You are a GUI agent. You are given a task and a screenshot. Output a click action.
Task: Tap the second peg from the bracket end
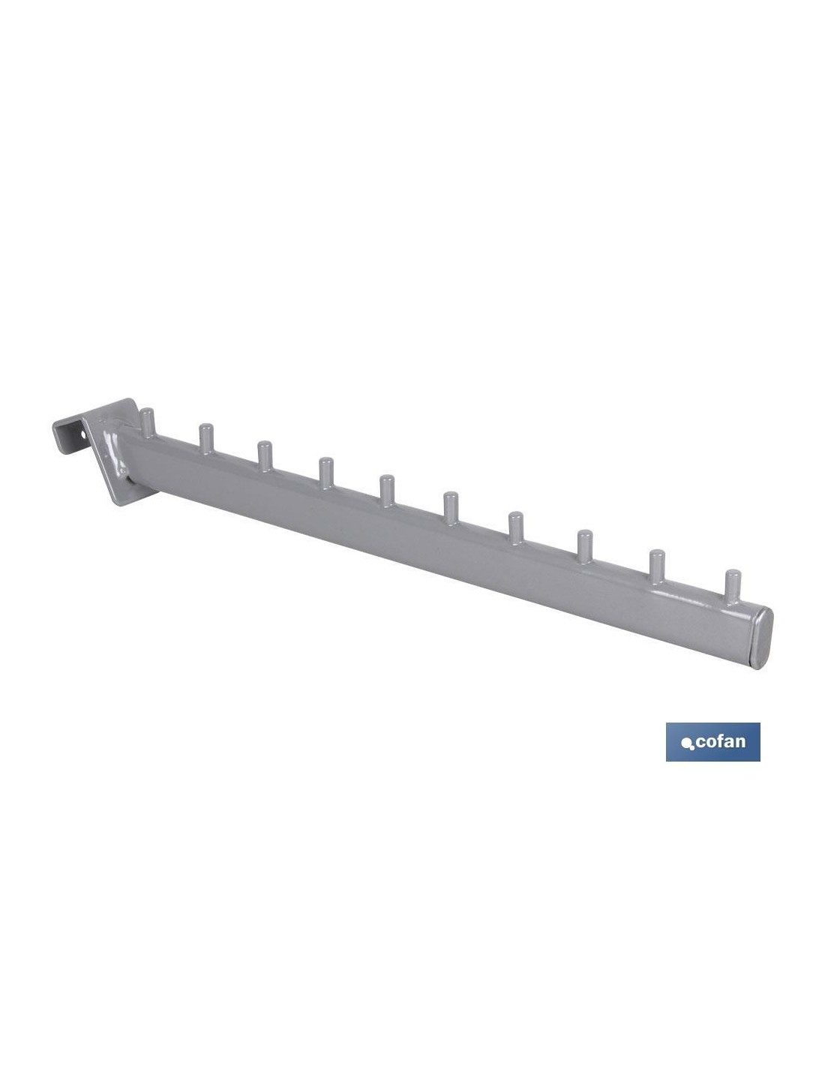(206, 438)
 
